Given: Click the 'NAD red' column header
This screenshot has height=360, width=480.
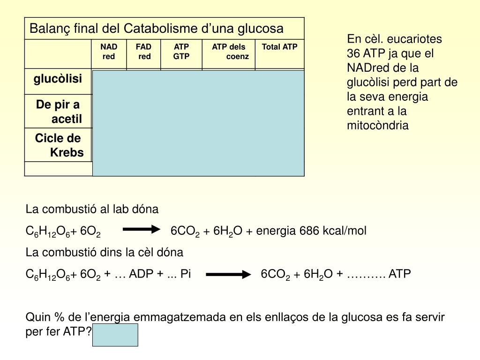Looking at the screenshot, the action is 109,52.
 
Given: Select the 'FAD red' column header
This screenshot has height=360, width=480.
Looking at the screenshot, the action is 143,52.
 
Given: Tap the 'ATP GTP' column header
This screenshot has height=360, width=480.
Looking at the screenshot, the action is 181,52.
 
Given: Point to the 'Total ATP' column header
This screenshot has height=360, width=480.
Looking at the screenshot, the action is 279,47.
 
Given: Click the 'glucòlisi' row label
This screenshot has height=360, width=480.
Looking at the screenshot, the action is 58,79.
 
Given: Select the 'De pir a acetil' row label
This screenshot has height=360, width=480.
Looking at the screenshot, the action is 59,112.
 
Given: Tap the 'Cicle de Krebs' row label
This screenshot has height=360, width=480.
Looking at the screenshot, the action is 59,145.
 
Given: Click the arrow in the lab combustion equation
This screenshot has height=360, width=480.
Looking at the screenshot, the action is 142,229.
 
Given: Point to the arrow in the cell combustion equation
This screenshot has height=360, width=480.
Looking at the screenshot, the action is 228,274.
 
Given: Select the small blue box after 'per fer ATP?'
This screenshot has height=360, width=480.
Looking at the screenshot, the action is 115,335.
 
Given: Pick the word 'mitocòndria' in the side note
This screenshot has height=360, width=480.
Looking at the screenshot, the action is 378,125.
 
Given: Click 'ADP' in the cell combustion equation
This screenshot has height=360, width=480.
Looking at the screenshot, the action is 141,273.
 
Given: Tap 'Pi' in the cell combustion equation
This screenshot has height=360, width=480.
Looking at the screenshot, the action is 186,273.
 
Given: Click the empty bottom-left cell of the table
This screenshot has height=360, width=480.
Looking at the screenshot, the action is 59,169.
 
